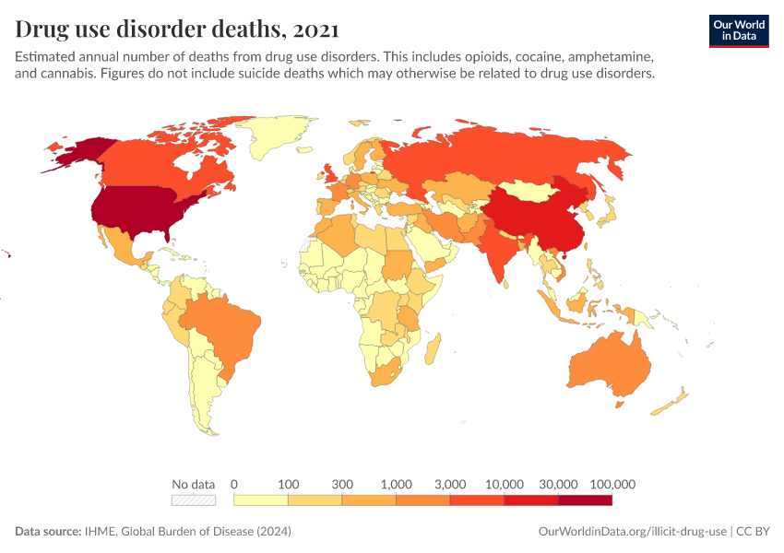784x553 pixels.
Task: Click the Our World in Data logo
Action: [x=738, y=30]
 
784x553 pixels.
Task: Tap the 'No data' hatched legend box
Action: [x=194, y=500]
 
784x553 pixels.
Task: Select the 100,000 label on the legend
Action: [x=612, y=484]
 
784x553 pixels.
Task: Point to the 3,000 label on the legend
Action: [x=450, y=484]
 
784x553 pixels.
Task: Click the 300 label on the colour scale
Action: [x=342, y=484]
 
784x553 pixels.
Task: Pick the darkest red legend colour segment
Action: [x=585, y=500]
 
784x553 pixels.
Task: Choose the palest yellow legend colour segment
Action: [x=261, y=500]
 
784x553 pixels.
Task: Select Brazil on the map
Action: [x=222, y=322]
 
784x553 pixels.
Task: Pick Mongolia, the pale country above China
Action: [x=535, y=191]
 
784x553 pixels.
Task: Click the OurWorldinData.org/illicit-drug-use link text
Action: [x=632, y=532]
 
